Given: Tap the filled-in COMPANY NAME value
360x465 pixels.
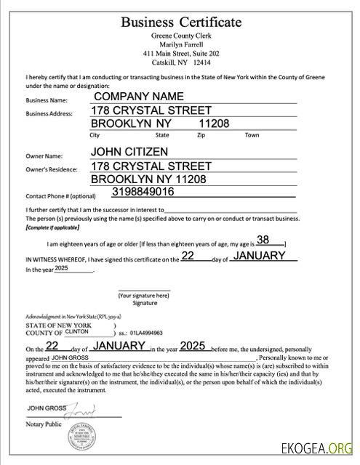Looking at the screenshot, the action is click(x=138, y=96).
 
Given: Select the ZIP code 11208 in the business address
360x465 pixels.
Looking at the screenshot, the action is click(x=214, y=124).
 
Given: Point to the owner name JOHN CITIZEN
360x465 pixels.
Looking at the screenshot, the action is click(x=129, y=152).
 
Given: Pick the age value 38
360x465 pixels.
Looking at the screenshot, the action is click(x=263, y=240).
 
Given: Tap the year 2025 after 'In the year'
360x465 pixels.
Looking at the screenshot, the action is click(x=60, y=268).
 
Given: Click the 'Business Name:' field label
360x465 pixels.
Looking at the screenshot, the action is click(x=46, y=100).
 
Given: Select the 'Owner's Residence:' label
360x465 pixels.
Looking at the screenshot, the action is click(x=52, y=169).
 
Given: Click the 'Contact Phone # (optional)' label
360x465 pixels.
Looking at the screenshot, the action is click(x=61, y=196).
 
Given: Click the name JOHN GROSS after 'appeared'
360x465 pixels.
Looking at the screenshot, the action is click(x=70, y=358).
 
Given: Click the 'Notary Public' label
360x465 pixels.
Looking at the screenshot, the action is click(x=43, y=424).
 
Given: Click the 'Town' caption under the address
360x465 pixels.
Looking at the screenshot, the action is click(x=252, y=135).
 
